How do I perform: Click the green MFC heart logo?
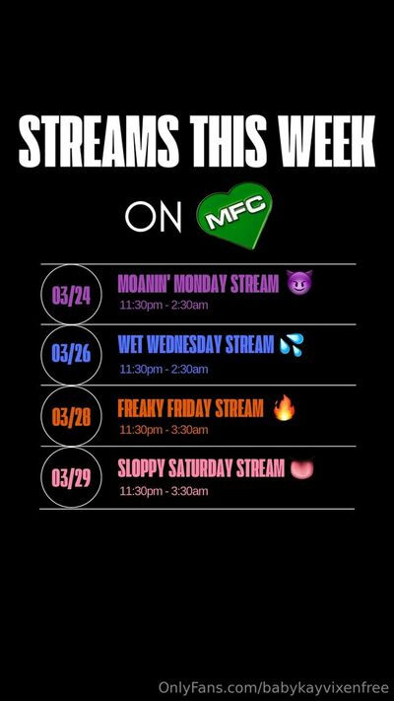(235, 215)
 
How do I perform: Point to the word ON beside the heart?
(154, 217)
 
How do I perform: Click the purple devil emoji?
(299, 282)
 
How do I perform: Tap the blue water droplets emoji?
(292, 345)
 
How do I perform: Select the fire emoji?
(285, 408)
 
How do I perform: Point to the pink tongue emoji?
(302, 469)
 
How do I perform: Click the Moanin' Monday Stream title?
(198, 283)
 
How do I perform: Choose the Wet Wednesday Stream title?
(196, 345)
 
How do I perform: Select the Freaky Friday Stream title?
(191, 408)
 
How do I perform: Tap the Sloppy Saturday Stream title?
(201, 468)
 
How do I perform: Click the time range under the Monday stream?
(164, 306)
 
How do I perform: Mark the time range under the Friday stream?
(164, 430)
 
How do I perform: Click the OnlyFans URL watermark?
(273, 687)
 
